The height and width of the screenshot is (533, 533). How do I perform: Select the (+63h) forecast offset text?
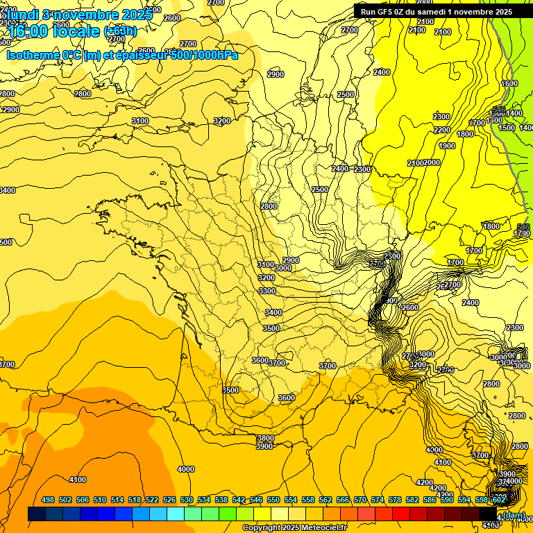click(x=121, y=31)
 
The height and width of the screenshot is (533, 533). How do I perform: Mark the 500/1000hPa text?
click(x=202, y=55)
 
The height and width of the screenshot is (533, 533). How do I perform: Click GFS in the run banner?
click(x=388, y=11)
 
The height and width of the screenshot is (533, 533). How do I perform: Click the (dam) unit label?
click(x=514, y=515)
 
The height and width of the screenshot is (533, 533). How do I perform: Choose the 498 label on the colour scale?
click(x=48, y=500)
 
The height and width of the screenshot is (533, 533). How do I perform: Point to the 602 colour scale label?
click(x=498, y=500)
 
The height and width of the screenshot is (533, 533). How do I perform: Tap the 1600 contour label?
click(x=509, y=83)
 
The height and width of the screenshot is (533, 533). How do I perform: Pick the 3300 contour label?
click(x=267, y=291)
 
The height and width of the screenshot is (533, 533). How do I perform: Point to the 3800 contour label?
click(x=265, y=438)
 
